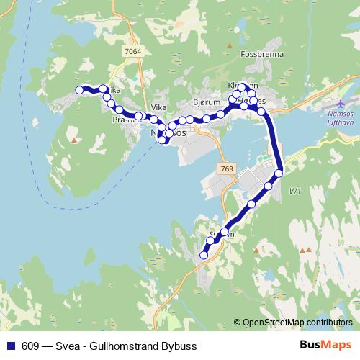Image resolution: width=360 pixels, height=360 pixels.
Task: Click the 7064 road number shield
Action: (x=132, y=52)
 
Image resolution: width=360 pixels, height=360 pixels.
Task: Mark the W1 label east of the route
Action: (x=294, y=192)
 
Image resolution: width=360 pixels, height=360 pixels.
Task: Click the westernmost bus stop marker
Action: (x=80, y=89)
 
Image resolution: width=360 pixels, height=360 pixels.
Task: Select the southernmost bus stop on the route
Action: (x=204, y=255)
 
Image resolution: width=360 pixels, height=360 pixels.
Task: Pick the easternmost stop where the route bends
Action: (x=279, y=172)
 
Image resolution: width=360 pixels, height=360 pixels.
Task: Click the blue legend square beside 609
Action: (x=9, y=346)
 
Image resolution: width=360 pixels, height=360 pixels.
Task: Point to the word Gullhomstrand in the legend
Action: (x=125, y=346)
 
